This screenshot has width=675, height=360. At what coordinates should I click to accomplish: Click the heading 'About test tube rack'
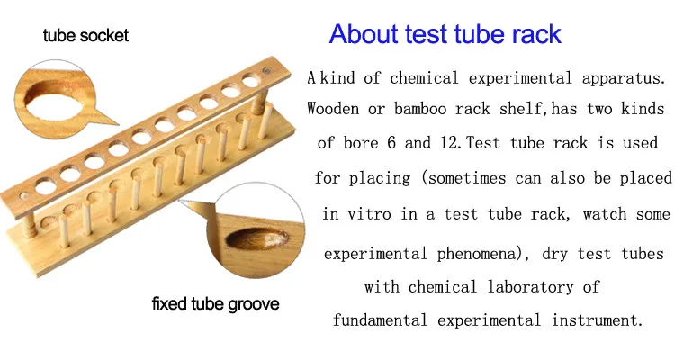(445, 33)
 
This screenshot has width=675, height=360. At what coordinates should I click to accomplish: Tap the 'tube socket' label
(85, 35)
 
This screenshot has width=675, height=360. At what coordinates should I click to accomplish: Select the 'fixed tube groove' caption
(215, 303)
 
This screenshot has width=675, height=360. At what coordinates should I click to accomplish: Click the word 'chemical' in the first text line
(424, 78)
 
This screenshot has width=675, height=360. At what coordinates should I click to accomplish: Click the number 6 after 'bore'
(391, 142)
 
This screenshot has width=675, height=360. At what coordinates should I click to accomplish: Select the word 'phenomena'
(476, 254)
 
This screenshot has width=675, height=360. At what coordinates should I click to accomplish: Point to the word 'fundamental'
(380, 320)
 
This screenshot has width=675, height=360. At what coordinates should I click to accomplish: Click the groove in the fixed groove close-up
(257, 239)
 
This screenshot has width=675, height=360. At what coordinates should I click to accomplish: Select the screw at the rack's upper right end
(267, 70)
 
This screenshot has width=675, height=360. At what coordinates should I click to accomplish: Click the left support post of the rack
(29, 222)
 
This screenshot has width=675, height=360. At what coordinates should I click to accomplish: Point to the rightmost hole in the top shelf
(250, 80)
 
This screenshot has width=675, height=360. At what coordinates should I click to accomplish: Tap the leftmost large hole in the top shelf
(46, 186)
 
